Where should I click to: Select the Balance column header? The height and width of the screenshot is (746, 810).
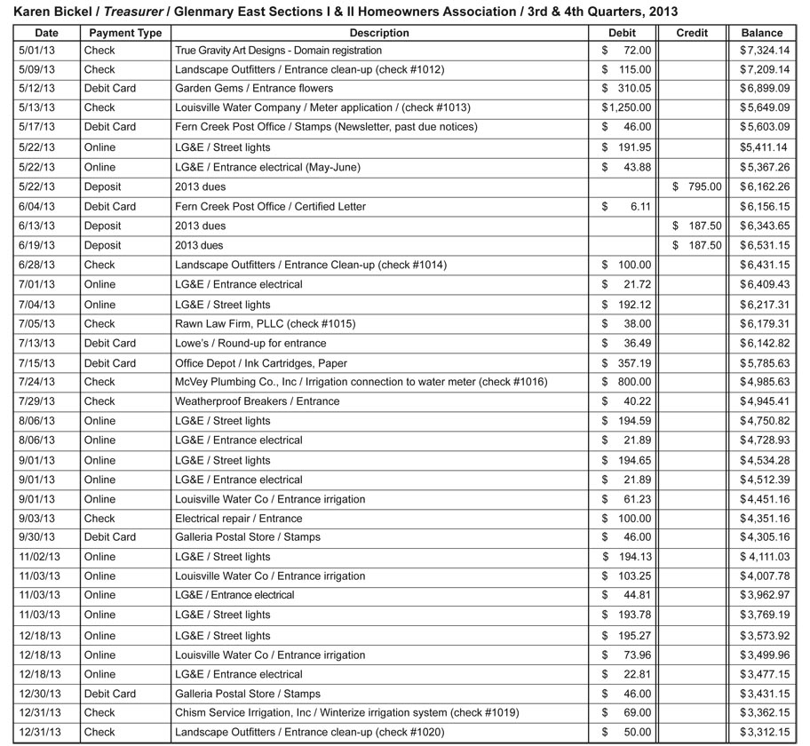[x=762, y=33]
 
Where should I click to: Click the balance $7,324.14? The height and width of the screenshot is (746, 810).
[x=764, y=51]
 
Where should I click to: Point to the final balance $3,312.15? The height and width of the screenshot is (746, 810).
[x=764, y=733]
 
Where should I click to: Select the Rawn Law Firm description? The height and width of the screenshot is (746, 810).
[x=265, y=324]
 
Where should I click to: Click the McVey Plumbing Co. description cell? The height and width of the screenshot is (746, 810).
[x=361, y=382]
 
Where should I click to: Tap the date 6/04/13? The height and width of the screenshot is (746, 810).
[x=36, y=206]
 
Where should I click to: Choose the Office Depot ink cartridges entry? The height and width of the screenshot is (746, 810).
[x=260, y=363]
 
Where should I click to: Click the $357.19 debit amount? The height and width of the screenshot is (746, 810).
[x=626, y=363]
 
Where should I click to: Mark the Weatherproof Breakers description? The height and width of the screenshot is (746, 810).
[x=257, y=401]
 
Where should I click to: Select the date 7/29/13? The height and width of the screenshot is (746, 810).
[x=36, y=401]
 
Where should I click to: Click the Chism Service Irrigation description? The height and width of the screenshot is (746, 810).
[x=346, y=712]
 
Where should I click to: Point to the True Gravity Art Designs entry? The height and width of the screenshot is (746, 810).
[x=278, y=51]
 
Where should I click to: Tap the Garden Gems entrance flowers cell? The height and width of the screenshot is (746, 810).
[x=254, y=88]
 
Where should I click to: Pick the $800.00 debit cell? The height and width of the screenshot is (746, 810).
[x=626, y=382]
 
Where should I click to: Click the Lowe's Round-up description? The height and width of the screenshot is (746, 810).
[x=250, y=343]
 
